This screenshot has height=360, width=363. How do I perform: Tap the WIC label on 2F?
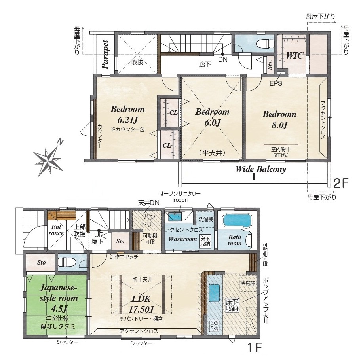coord(295,55)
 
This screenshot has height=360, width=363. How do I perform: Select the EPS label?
coord(276,83)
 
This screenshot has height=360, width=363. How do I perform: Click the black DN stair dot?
coord(222,54)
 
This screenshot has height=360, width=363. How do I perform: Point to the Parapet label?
coord(105,55)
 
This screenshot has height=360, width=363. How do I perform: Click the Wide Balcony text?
coord(261,169)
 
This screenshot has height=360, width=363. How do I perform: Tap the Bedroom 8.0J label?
coord(279,119)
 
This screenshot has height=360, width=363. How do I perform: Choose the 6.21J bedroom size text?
coord(127,120)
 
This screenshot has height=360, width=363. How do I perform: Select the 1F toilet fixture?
coord(67,263)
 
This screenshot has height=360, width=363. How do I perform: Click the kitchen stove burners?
coord(215,325)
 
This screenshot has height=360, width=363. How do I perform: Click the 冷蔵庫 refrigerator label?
coord(248,283)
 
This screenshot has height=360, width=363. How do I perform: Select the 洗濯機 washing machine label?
coord(205,219)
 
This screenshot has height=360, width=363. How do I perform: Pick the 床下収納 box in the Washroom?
coord(205,241)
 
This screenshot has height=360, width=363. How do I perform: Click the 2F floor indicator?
coord(340,183)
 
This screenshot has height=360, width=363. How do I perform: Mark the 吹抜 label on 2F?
coord(137,62)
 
